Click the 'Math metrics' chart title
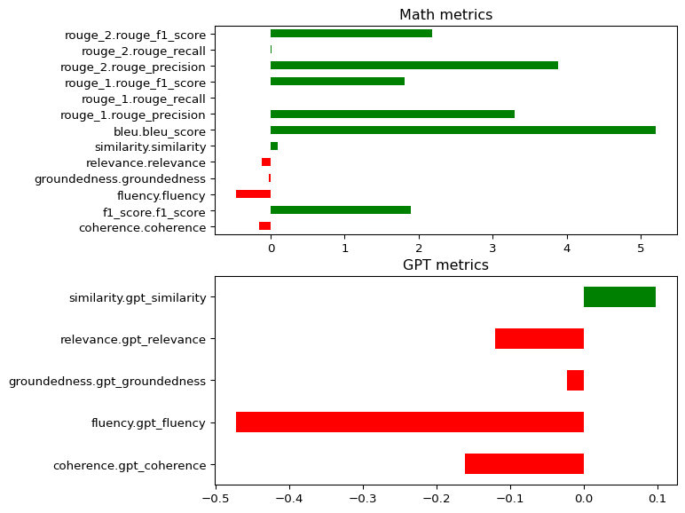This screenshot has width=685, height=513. tap(445, 14)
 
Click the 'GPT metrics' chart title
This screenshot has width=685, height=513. tap(445, 264)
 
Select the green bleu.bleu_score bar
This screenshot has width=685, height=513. tap(462, 130)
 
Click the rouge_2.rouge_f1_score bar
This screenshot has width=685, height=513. tap(350, 34)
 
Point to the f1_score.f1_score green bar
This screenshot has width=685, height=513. tap(340, 210)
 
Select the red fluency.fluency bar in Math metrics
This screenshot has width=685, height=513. tap(253, 193)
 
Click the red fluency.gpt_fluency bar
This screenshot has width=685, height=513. tap(409, 422)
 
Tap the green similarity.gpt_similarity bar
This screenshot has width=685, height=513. tap(619, 296)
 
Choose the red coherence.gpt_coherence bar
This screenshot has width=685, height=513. tap(524, 463)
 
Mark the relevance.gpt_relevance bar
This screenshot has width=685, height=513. tap(539, 338)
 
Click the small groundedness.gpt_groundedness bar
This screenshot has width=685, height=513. tap(575, 380)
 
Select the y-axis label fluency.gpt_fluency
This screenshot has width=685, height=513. tap(148, 422)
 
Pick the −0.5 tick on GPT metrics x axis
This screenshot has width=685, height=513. tap(215, 498)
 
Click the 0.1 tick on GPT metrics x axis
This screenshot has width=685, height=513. tap(657, 498)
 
